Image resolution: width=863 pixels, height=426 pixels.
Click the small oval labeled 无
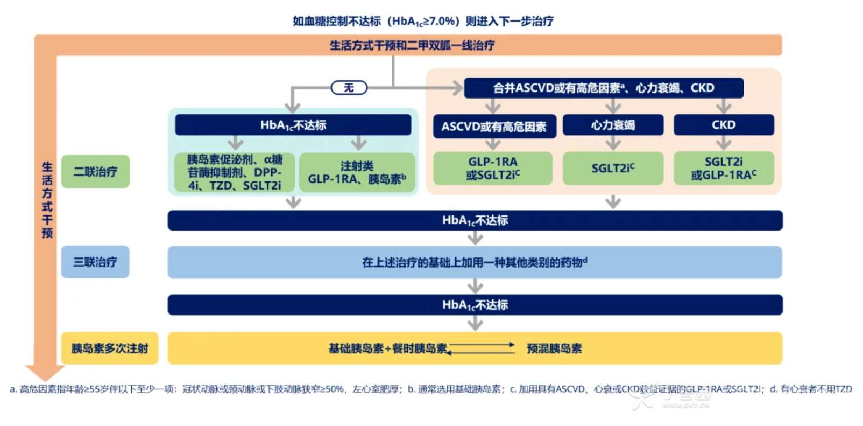pos(349,88)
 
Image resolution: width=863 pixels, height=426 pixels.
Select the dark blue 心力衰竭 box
pos(613,125)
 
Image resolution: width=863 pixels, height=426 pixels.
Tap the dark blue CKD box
pos(723,125)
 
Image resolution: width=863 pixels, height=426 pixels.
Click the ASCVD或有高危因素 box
pos(494,127)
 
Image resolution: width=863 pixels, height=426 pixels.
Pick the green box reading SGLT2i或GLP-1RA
pos(723,168)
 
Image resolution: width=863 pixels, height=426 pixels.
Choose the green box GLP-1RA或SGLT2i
pos(492,168)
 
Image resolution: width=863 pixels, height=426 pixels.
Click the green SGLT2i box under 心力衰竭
pos(613,168)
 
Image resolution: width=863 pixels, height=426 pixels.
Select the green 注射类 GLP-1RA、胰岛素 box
pos(357,172)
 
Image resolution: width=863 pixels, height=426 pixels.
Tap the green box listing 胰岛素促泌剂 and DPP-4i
pos(235,172)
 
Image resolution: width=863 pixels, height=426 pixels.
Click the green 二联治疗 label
pos(95,172)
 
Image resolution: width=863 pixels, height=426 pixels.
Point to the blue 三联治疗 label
pos(95,262)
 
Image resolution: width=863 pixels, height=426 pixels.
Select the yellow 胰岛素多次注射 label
pos(110,348)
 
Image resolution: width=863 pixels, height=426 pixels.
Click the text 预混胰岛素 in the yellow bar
pos(554,348)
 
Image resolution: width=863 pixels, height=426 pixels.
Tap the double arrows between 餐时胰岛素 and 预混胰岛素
pos(482,348)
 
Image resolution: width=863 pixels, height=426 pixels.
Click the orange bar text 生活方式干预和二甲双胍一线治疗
pos(412,46)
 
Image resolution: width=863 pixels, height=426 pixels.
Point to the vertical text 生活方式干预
pos(47,200)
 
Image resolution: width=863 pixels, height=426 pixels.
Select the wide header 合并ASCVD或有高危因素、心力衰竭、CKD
pos(603,88)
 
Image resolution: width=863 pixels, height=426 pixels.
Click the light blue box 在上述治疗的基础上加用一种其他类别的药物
pos(475,262)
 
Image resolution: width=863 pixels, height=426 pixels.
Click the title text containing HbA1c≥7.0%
pos(422,21)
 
